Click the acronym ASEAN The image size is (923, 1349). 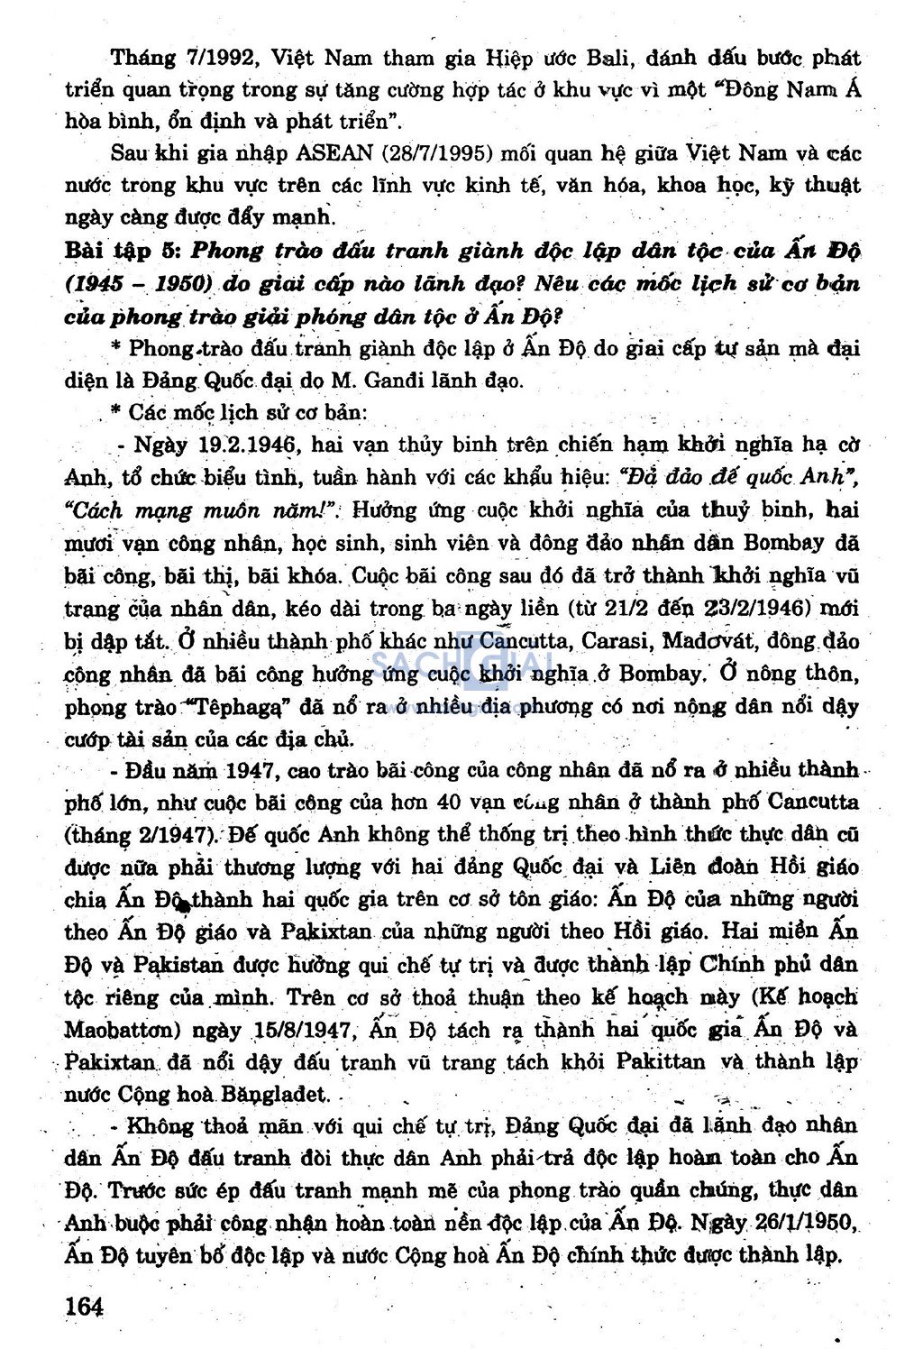(x=334, y=153)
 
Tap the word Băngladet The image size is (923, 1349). (x=268, y=1094)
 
